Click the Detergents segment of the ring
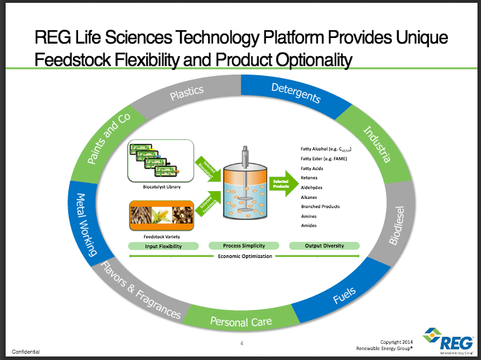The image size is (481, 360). (x=296, y=93)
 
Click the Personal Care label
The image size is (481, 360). (x=240, y=322)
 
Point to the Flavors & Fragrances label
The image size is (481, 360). (x=141, y=292)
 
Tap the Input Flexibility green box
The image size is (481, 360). (x=163, y=246)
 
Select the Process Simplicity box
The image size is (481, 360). (x=243, y=246)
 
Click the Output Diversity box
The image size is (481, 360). (x=323, y=246)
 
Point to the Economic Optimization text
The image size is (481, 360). (x=243, y=257)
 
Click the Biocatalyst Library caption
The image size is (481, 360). (x=162, y=188)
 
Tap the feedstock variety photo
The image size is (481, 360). (x=162, y=215)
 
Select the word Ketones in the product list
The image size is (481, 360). (x=309, y=179)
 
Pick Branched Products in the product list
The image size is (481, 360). (x=320, y=207)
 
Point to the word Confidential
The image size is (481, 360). (x=25, y=351)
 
